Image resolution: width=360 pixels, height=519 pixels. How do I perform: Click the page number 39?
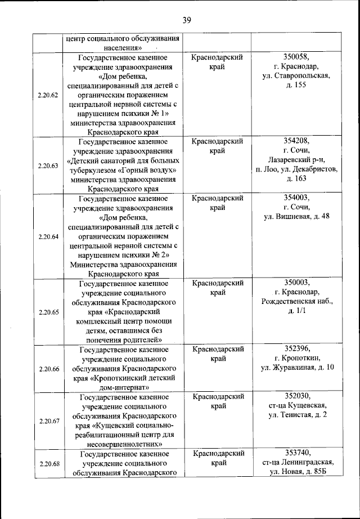[x=187, y=21]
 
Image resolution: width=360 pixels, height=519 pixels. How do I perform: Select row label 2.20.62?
[x=48, y=95]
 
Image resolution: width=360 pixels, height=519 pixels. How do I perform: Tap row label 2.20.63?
[x=48, y=165]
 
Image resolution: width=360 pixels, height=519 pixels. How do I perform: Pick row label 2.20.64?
[x=48, y=236]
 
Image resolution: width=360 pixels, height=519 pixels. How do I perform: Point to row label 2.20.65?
[x=48, y=311]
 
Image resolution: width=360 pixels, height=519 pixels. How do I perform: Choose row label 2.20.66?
[x=48, y=369]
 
